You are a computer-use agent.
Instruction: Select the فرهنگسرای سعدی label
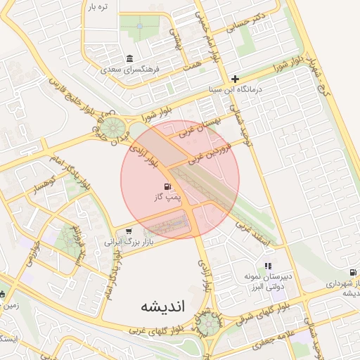(x=130, y=70)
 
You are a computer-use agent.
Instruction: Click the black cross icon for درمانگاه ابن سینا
(x=235, y=79)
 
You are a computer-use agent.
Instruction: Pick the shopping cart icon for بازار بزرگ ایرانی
(x=129, y=230)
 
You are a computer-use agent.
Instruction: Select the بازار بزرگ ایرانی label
(x=129, y=241)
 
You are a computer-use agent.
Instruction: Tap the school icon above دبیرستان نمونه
(x=267, y=266)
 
